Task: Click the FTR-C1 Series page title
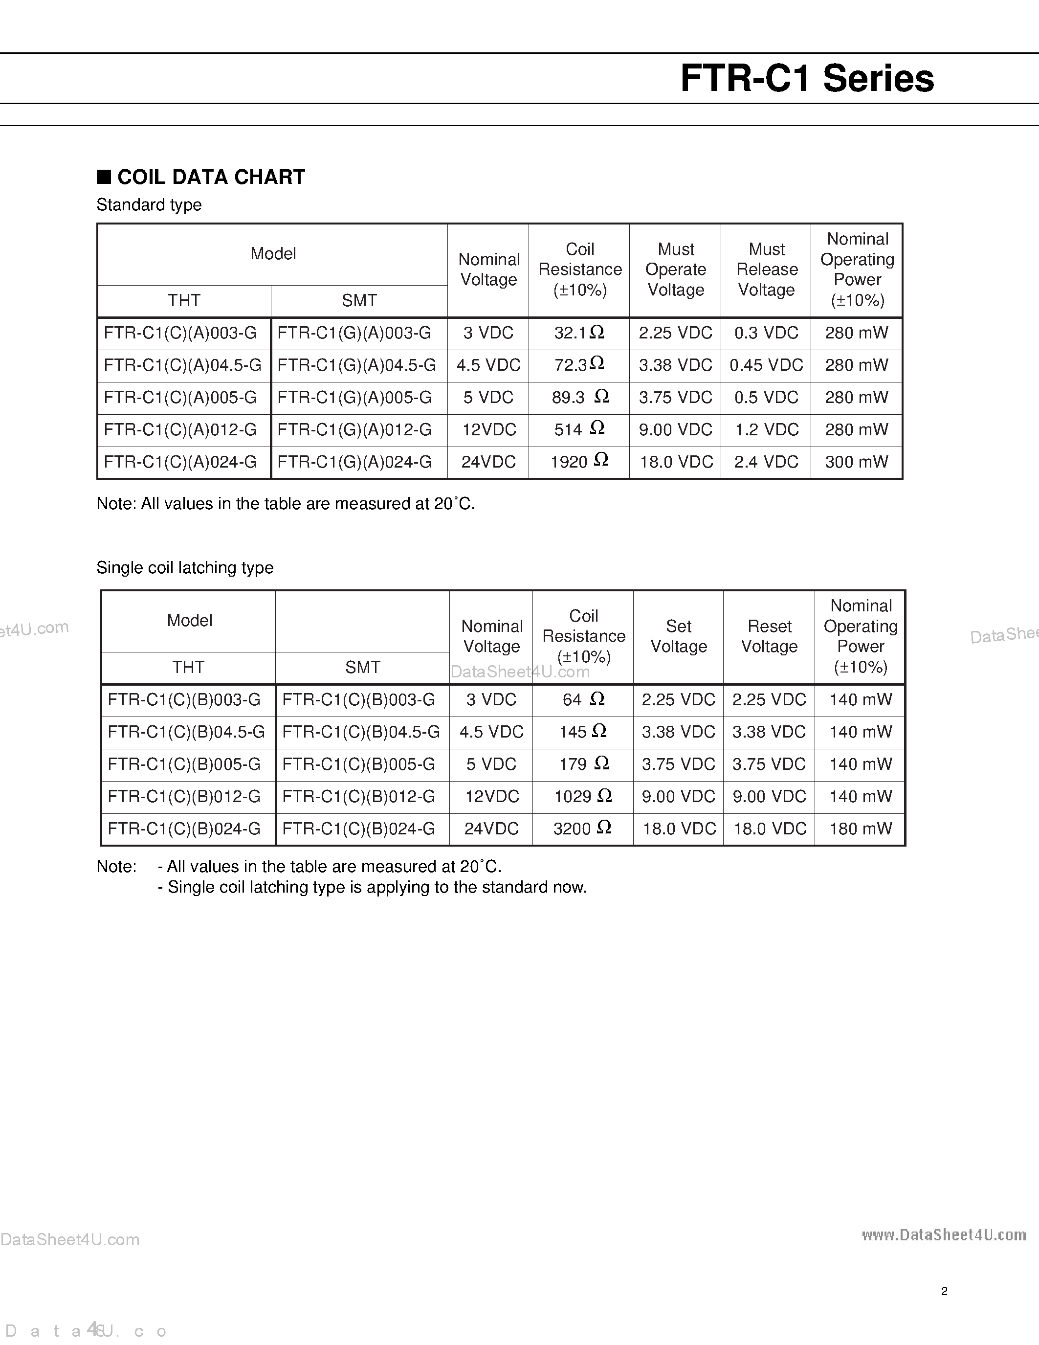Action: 806,79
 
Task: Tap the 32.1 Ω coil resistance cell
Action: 578,333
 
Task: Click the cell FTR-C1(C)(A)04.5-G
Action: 183,365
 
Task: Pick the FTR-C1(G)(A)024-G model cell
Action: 354,462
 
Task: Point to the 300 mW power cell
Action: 856,462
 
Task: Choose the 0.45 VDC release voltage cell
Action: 766,365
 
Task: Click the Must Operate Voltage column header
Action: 675,270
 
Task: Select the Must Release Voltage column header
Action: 766,270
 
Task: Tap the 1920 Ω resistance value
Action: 578,462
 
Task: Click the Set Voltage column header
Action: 678,636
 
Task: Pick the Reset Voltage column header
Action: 769,636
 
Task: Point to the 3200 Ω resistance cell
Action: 582,829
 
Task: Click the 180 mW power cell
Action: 860,829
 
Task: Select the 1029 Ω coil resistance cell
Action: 582,796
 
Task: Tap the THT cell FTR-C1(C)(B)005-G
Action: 184,764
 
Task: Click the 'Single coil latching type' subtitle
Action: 185,567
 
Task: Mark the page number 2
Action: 944,1291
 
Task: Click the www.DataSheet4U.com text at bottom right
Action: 944,1235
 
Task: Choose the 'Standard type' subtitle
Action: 149,205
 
